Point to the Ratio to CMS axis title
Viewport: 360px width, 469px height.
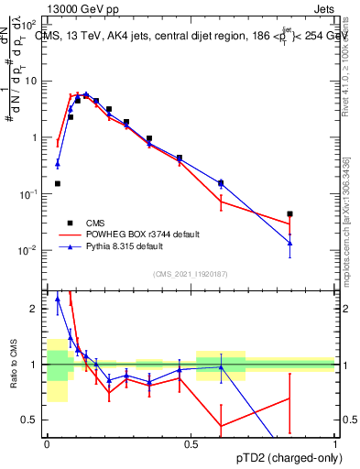click(12, 365)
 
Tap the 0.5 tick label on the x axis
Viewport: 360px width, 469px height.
click(191, 443)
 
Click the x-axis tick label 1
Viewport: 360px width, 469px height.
click(334, 443)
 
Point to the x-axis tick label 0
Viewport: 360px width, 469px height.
click(47, 443)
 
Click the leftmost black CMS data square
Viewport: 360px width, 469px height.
click(58, 183)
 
